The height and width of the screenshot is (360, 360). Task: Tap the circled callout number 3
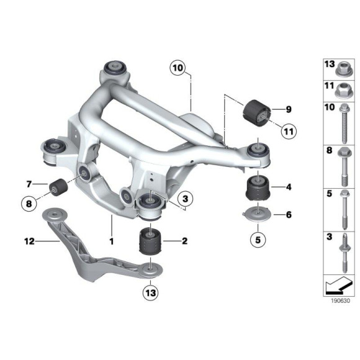pyautogui.click(x=184, y=198)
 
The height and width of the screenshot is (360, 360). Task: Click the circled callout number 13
pyautogui.click(x=151, y=291)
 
